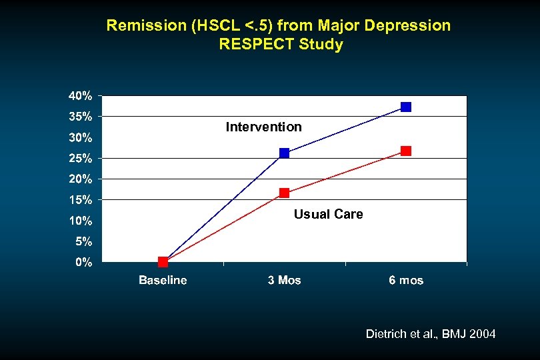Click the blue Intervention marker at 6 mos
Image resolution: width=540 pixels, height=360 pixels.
pyautogui.click(x=406, y=107)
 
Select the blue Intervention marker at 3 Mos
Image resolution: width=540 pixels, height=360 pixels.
pyautogui.click(x=284, y=153)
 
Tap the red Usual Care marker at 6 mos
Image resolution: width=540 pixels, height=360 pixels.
pyautogui.click(x=406, y=151)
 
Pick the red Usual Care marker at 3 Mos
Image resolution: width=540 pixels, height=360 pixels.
pyautogui.click(x=284, y=193)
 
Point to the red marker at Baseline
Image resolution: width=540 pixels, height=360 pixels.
pyautogui.click(x=163, y=262)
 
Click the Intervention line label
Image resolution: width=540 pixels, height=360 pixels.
pyautogui.click(x=263, y=127)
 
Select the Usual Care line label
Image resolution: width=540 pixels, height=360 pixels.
pyautogui.click(x=328, y=214)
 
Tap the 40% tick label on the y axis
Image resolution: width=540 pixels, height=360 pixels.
pyautogui.click(x=81, y=95)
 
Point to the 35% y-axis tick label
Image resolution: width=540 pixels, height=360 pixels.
pyautogui.click(x=81, y=117)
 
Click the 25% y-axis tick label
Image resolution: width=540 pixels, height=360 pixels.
pyautogui.click(x=81, y=159)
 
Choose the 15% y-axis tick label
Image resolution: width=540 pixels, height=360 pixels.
pyautogui.click(x=81, y=199)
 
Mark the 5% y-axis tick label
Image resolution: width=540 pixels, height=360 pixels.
pyautogui.click(x=83, y=241)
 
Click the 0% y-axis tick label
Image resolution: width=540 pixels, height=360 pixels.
pyautogui.click(x=83, y=262)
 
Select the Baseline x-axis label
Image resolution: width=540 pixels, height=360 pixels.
pyautogui.click(x=163, y=280)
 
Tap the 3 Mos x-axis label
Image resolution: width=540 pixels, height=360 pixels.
pyautogui.click(x=284, y=280)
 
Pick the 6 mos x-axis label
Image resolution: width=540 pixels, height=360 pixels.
pyautogui.click(x=406, y=280)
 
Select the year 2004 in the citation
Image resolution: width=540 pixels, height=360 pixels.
pyautogui.click(x=483, y=333)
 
